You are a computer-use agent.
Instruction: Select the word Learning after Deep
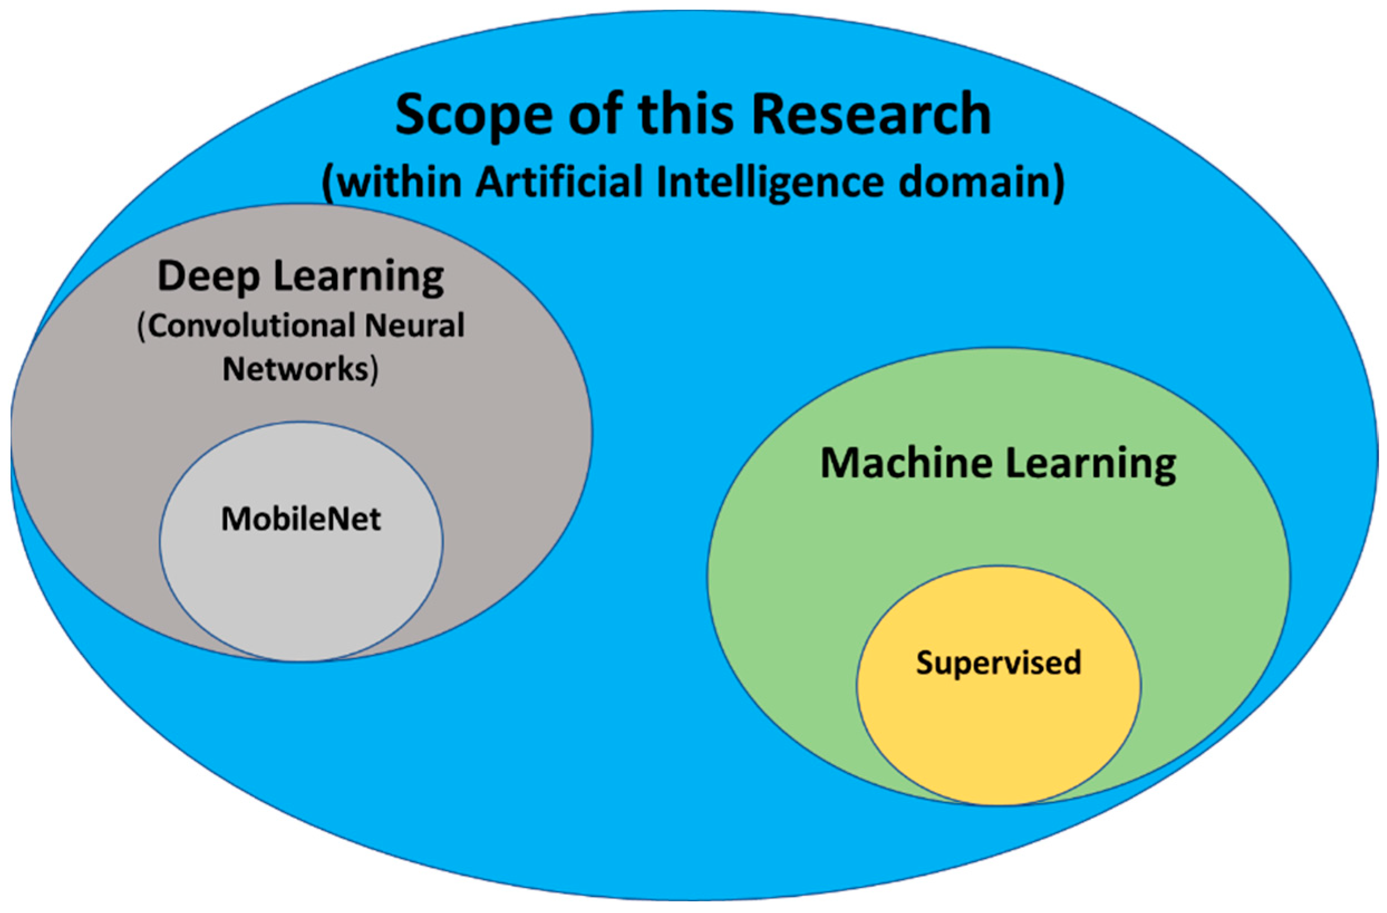358,277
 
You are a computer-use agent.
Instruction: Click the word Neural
414,325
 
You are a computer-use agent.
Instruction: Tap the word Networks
295,369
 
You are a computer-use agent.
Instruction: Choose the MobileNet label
300,518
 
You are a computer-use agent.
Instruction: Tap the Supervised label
998,663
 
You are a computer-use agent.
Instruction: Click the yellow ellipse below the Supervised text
998,741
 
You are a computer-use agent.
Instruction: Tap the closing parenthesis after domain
1058,182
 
